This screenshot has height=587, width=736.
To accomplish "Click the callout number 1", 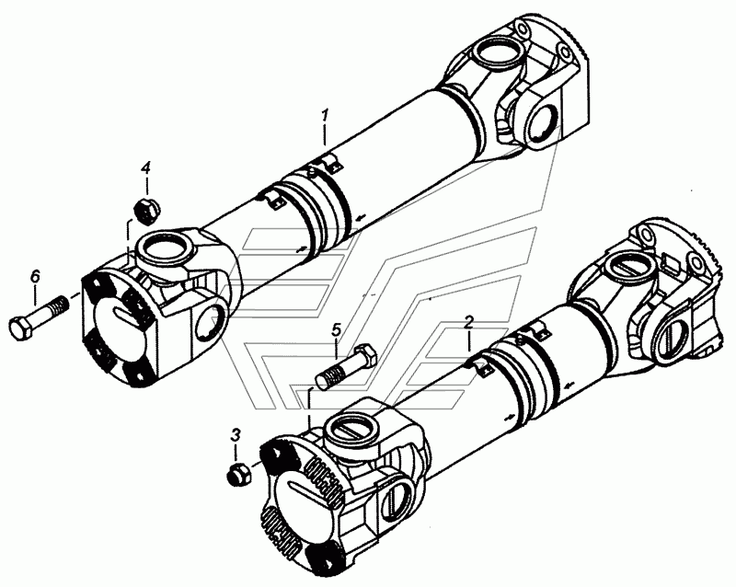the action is click(325, 116).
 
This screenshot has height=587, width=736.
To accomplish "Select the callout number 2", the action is click(469, 323).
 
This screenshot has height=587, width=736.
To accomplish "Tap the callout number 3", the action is click(236, 435).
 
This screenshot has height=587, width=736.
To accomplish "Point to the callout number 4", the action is click(146, 167).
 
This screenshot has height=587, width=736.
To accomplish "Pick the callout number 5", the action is click(337, 329).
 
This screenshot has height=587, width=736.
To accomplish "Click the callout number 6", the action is click(36, 277).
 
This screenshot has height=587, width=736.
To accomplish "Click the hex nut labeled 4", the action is click(146, 210).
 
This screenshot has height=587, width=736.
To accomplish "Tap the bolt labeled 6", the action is click(39, 315).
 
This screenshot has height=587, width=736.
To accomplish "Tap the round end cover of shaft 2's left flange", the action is click(301, 503).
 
